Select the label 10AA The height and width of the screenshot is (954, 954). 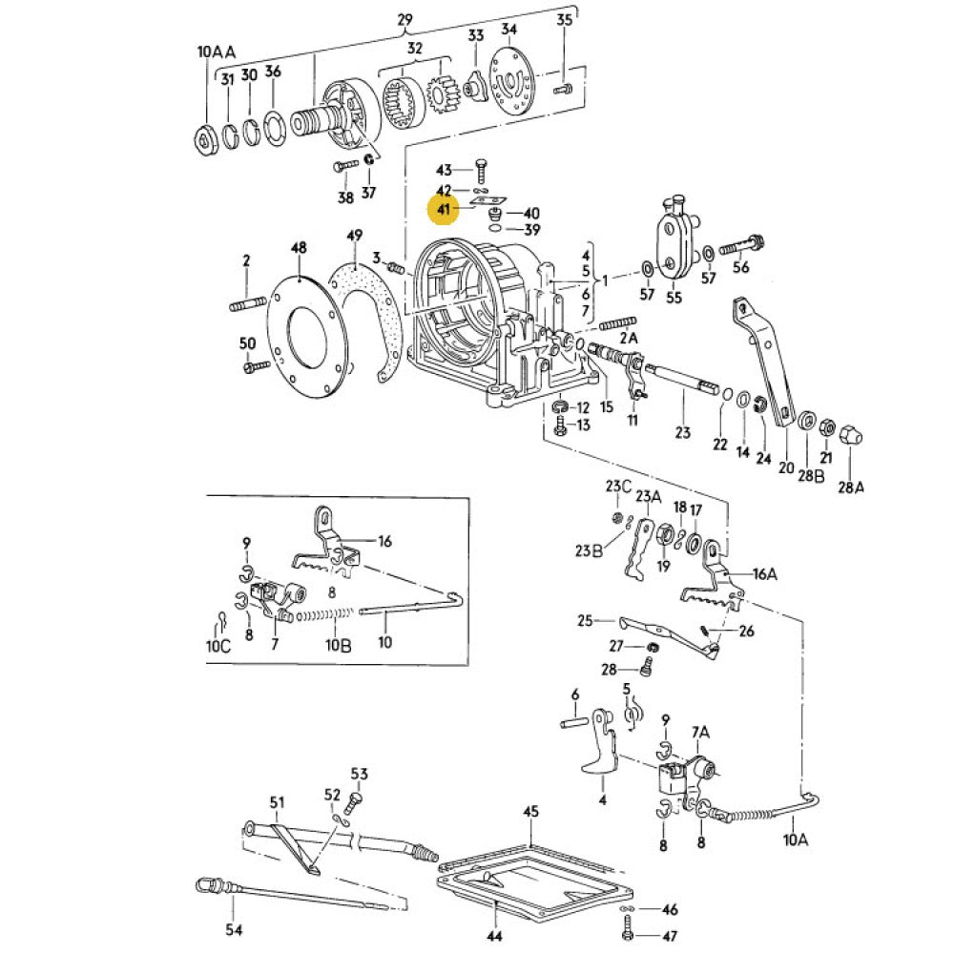(216, 52)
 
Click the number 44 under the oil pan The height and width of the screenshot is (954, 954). (494, 937)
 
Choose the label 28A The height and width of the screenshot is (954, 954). (851, 487)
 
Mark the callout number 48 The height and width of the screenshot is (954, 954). (299, 247)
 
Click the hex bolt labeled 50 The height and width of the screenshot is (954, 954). (251, 367)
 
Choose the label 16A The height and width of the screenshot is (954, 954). (765, 573)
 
